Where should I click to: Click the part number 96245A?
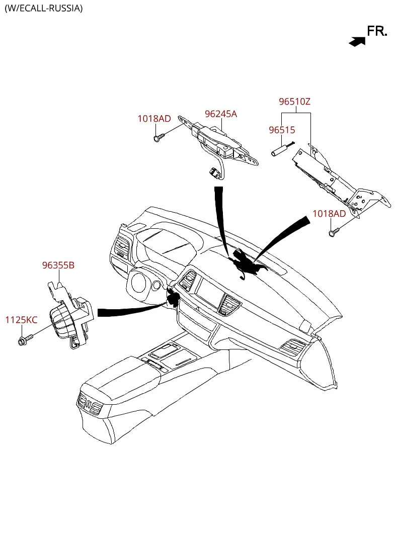(221, 114)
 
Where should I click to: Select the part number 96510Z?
(294, 102)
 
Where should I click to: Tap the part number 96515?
(282, 130)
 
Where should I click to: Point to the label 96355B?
(58, 265)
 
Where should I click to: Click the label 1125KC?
(22, 320)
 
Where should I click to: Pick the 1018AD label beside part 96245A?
(154, 119)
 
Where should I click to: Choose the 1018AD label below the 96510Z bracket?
(329, 214)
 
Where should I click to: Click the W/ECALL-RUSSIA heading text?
(44, 8)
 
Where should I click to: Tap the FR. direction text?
(377, 31)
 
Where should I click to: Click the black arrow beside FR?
(357, 42)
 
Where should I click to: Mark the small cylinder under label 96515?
(279, 151)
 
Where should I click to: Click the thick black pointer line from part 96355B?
(132, 310)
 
